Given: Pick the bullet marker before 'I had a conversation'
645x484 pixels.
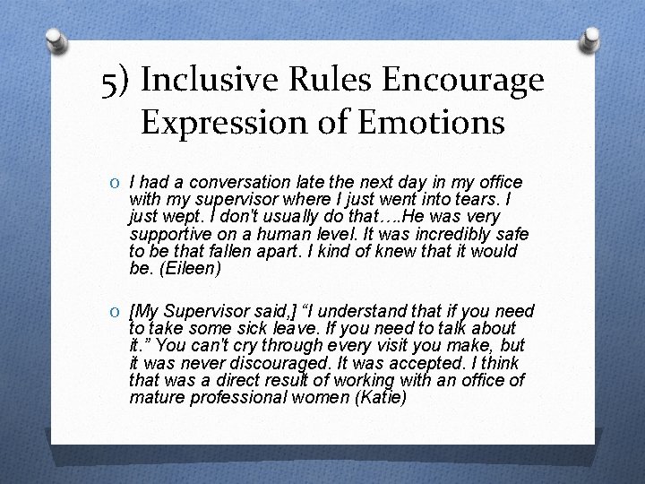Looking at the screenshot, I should click(116, 183).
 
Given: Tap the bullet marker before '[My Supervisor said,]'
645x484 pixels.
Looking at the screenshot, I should click(116, 312).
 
